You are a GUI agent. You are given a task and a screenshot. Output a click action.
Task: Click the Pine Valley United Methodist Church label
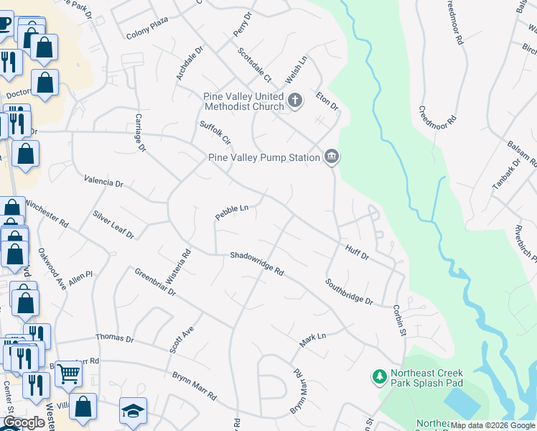tap(244, 101)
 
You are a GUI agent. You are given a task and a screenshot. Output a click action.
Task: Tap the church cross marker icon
tap(295, 101)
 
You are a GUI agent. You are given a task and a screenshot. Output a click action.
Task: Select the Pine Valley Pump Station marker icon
tap(331, 157)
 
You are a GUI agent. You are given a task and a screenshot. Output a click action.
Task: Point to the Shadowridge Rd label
tap(257, 264)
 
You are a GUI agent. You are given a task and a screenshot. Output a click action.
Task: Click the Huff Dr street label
tap(357, 251)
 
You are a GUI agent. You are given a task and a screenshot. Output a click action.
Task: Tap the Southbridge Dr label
tap(349, 292)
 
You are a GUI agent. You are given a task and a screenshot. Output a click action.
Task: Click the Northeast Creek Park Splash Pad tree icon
tap(379, 376)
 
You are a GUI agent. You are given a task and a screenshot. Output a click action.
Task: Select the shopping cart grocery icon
tap(68, 372)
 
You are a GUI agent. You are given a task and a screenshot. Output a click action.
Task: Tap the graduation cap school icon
tap(133, 410)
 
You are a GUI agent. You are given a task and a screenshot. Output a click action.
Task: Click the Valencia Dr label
tap(103, 182)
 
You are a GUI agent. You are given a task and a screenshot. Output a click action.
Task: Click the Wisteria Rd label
tap(186, 264)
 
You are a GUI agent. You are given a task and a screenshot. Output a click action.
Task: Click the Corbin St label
tap(399, 320)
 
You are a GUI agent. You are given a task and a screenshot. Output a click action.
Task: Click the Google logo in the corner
tap(24, 422)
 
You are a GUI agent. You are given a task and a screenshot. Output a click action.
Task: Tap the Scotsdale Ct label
tap(255, 65)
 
